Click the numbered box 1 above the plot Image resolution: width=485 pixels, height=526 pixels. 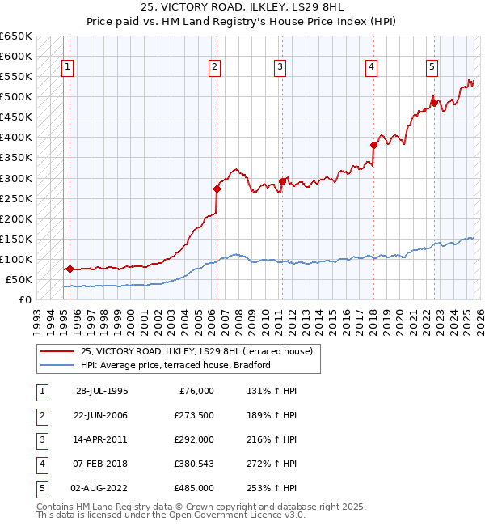click(67, 67)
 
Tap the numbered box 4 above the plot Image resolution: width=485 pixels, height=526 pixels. click(371, 67)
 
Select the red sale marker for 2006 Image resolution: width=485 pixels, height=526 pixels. click(217, 189)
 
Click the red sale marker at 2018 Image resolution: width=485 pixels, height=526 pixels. click(373, 146)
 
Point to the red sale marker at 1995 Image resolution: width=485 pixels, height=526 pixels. click(70, 269)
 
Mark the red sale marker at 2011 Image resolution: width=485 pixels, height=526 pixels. click(282, 181)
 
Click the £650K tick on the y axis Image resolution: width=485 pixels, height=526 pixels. click(16, 36)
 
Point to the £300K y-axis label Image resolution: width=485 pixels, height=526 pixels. click(16, 178)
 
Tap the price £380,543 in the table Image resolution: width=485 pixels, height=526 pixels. click(194, 464)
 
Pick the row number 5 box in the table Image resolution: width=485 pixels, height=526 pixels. click(40, 488)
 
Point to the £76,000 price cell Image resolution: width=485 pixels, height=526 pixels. click(196, 391)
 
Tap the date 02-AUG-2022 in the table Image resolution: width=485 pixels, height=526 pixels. click(103, 488)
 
